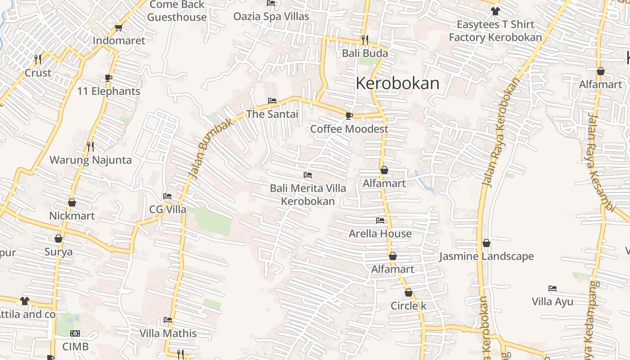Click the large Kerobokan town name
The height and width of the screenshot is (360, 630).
[397, 83]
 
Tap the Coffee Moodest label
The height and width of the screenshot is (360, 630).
[349, 129]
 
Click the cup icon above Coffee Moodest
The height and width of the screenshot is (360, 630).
[349, 116]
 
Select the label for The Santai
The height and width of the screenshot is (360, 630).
[272, 114]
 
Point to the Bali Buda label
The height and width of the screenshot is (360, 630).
[365, 54]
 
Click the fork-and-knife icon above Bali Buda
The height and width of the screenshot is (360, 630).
[364, 40]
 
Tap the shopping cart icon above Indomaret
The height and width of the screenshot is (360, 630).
[119, 28]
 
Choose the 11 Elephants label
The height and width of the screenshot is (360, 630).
[108, 91]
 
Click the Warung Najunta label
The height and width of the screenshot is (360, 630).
[90, 160]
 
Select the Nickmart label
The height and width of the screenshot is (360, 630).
[72, 216]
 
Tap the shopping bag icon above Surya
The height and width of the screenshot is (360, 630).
[58, 238]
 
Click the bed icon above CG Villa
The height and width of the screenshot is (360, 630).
[167, 196]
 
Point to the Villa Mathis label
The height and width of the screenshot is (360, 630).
[168, 333]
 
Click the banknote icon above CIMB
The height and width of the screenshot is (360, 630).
[75, 333]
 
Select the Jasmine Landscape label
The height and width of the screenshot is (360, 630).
[486, 256]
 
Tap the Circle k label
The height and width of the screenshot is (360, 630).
[408, 306]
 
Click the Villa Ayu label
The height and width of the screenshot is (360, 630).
[553, 301]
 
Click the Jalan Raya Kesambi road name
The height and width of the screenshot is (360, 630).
[601, 162]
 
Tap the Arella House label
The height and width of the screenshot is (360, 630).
[380, 234]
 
